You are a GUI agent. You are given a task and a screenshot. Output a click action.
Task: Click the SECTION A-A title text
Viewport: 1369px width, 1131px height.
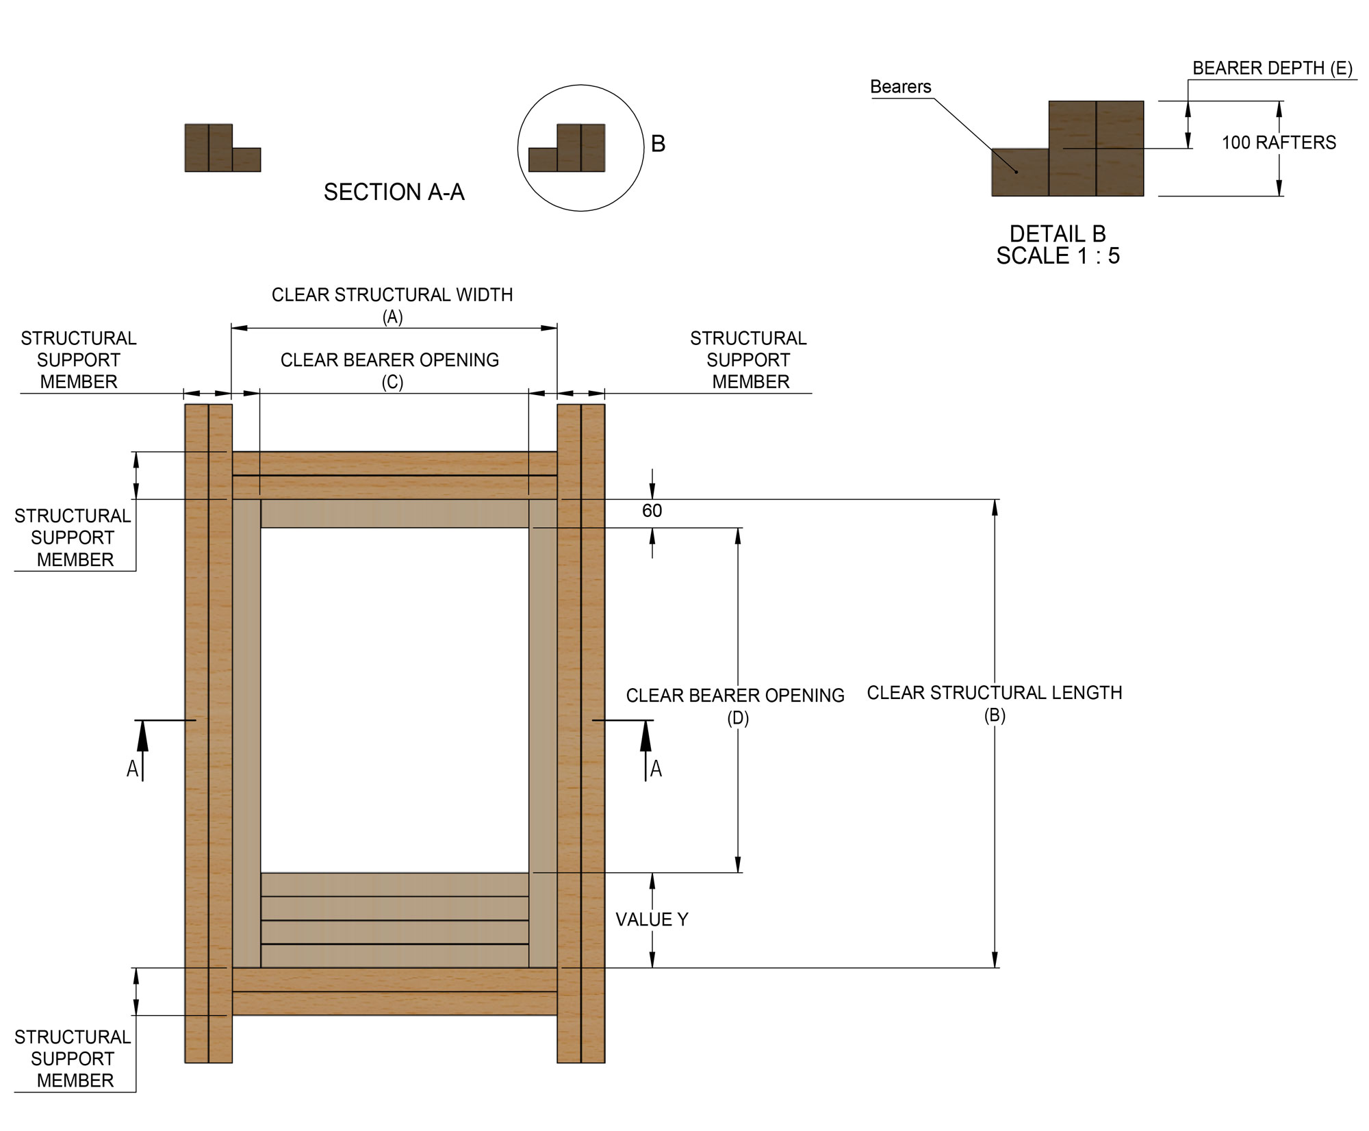[394, 192]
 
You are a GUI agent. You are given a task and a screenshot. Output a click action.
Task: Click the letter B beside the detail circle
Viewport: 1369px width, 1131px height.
[658, 144]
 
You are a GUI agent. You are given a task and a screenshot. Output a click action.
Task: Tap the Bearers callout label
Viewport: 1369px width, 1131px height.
[900, 87]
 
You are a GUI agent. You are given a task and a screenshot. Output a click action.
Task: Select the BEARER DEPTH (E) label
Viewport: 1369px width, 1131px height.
[1272, 68]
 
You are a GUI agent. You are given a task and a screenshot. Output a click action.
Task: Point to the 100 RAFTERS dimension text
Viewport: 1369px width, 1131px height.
[1279, 142]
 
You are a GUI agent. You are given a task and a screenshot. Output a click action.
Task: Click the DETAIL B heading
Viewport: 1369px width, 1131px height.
[1058, 234]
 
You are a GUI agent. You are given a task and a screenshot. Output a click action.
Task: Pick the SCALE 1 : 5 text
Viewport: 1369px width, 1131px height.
[1058, 256]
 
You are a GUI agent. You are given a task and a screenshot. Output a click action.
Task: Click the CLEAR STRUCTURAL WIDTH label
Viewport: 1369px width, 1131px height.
[392, 295]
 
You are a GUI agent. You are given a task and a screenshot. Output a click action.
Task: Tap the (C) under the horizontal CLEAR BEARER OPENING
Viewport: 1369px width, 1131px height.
[392, 382]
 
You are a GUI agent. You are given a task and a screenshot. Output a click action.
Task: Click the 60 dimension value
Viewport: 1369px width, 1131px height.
[652, 511]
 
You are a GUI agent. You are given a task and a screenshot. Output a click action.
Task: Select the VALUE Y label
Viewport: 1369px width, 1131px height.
[652, 919]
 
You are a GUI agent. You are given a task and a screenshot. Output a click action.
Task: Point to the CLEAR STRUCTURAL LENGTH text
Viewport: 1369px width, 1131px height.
[994, 693]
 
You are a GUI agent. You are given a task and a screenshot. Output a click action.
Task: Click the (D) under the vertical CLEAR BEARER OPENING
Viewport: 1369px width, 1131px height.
[737, 718]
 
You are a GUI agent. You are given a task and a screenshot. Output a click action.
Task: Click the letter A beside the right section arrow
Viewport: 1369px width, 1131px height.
[656, 770]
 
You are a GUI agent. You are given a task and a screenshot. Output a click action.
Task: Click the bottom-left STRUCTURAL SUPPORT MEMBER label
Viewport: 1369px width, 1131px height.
[73, 1058]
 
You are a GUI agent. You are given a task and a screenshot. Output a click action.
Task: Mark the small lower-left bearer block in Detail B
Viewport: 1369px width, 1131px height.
[1020, 173]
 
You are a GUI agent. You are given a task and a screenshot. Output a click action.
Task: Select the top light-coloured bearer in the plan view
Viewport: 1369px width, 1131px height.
[395, 513]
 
